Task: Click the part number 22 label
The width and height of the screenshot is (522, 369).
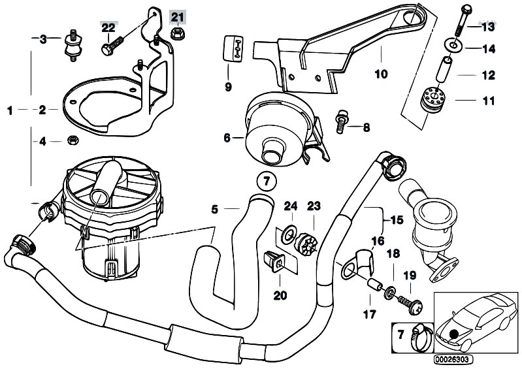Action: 108,27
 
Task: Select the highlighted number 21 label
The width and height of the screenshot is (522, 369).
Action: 178,16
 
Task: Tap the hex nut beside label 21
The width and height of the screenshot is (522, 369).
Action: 178,33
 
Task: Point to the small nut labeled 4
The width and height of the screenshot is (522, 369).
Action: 73,140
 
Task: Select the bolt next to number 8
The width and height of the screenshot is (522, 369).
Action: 340,121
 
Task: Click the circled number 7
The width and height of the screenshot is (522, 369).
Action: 266,182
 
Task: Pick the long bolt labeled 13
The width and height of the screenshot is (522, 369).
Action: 463,20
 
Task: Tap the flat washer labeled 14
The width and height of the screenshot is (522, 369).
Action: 453,44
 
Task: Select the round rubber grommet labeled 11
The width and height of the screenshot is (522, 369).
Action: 432,99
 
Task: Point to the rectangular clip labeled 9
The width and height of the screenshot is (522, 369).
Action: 233,48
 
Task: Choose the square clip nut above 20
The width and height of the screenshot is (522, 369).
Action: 274,261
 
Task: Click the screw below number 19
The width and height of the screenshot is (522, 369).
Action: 410,304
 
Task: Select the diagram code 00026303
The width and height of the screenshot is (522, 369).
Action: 453,359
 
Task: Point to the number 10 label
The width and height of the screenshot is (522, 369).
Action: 381,74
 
